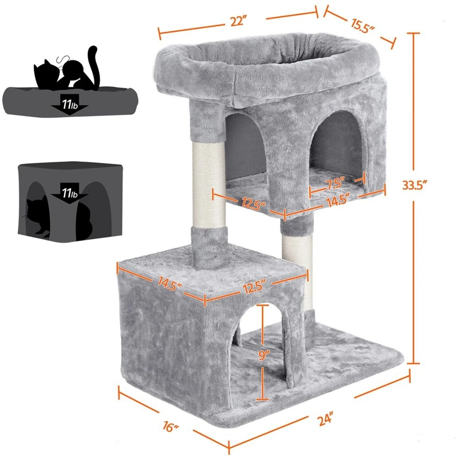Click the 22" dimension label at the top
click(x=238, y=22)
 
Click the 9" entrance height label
click(x=263, y=355)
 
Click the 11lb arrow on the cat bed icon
click(x=70, y=106)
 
